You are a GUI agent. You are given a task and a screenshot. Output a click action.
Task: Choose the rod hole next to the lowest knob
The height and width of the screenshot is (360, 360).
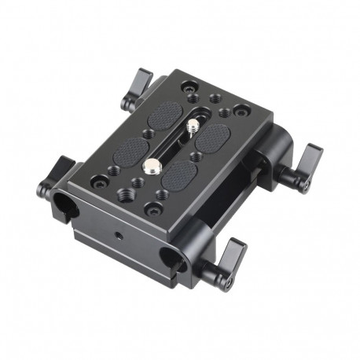tap(168, 258)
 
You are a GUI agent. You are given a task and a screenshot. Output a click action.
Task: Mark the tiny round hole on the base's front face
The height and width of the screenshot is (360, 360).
tap(119, 235)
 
